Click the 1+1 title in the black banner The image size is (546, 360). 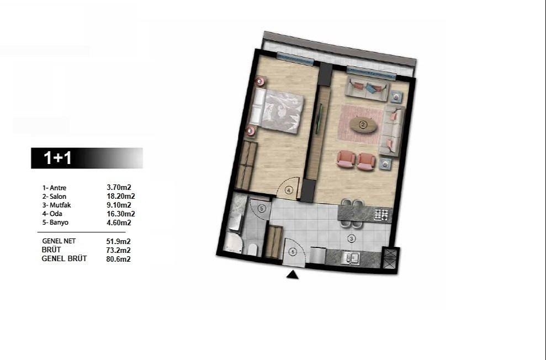(x=58, y=158)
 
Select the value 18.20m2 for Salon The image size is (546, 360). (x=121, y=196)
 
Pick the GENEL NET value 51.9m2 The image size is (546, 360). (x=118, y=241)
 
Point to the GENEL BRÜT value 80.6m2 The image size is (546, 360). (x=118, y=258)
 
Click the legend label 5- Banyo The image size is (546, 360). (x=55, y=223)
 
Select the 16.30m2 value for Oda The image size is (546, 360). (x=121, y=214)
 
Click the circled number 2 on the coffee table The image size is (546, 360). (x=363, y=125)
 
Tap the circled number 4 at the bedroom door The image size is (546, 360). (x=289, y=190)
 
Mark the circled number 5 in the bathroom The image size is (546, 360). (x=262, y=208)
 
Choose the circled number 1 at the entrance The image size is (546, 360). (x=293, y=252)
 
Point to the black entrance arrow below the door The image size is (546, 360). (x=293, y=274)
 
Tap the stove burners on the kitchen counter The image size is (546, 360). (x=382, y=214)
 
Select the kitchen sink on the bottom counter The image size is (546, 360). (x=351, y=257)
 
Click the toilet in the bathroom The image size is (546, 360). (x=252, y=249)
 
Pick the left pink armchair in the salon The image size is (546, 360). (x=346, y=159)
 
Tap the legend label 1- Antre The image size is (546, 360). (x=54, y=188)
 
